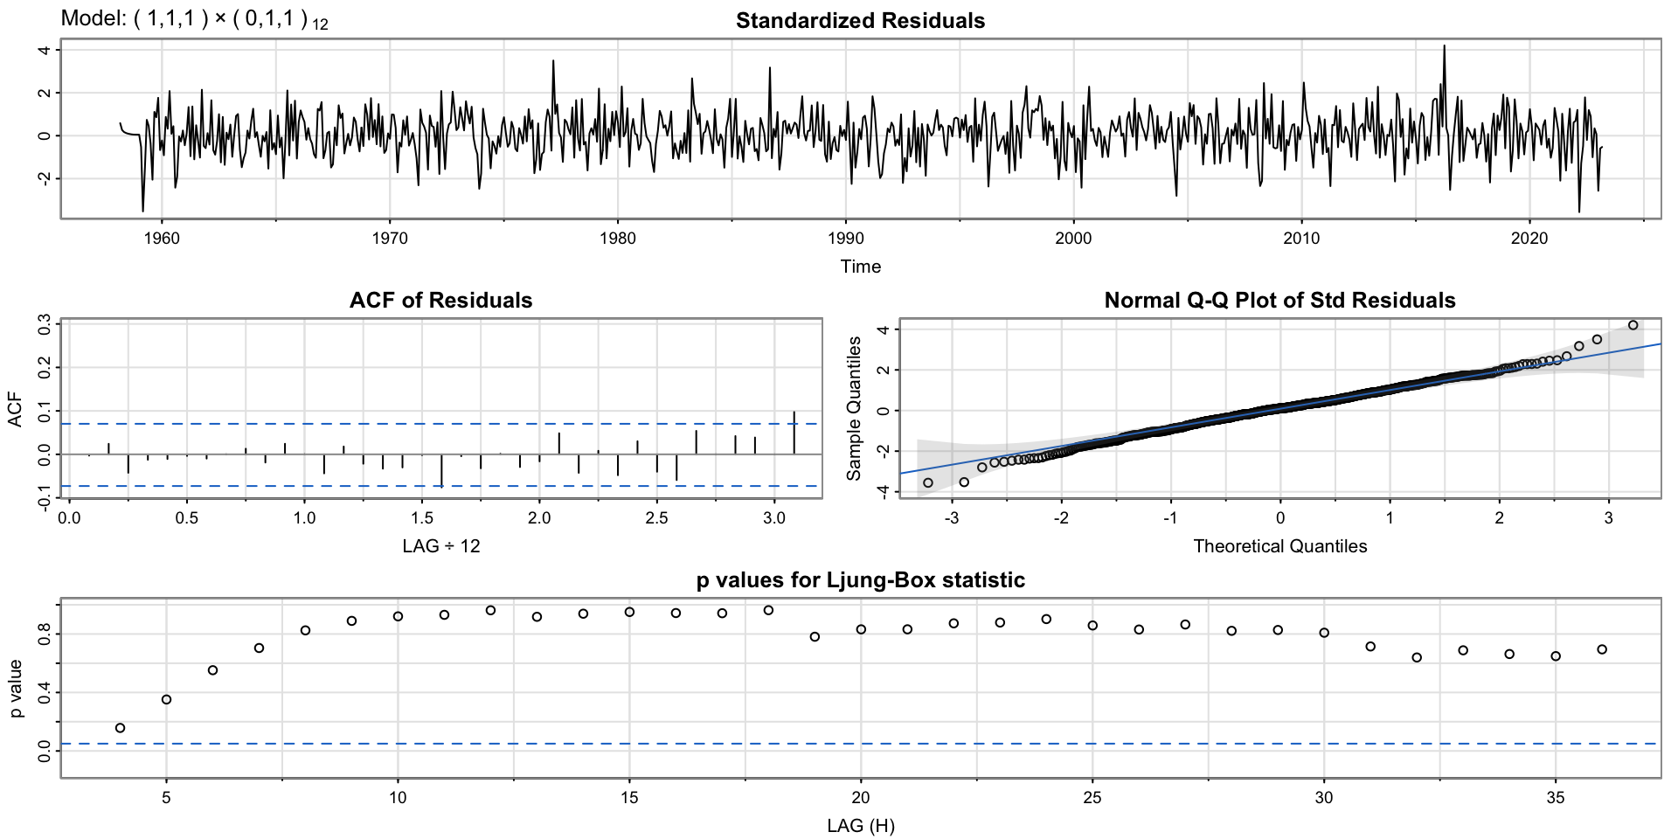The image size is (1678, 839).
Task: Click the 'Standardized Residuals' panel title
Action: [860, 21]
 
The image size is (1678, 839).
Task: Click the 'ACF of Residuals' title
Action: [440, 301]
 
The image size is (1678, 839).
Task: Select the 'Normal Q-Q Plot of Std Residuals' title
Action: [1279, 301]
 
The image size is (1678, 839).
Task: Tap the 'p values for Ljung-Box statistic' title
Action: [860, 580]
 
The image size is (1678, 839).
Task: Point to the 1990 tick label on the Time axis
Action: [845, 239]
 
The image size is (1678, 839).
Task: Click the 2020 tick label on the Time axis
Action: [1529, 239]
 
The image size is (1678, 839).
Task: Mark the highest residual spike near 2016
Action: [1444, 47]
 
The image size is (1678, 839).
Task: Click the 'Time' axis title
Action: [860, 267]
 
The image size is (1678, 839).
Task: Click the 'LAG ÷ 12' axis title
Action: [440, 546]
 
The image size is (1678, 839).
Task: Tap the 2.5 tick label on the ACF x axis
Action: [656, 518]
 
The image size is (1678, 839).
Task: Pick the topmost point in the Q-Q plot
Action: [1633, 325]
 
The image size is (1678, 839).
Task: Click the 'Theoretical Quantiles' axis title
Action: [1279, 546]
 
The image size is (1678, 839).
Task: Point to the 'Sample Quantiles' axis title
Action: [854, 408]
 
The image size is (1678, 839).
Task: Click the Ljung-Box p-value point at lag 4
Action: [121, 728]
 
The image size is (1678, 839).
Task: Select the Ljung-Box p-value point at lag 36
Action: [1602, 649]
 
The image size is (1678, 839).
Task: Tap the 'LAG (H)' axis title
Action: [860, 826]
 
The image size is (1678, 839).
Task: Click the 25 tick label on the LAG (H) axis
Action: [1092, 798]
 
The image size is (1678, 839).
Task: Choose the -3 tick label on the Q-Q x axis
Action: [951, 518]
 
